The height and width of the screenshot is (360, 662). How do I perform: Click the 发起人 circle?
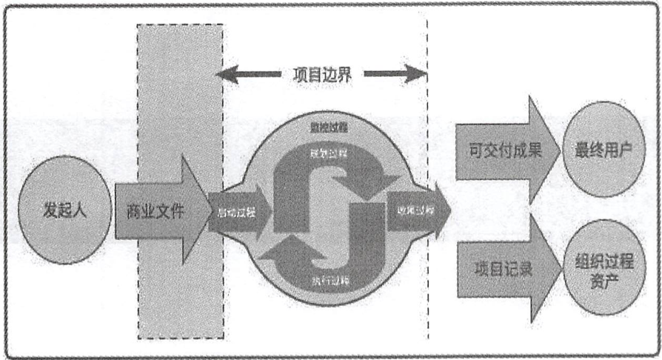63,210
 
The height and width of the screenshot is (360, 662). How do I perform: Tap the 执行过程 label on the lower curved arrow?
324,280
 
